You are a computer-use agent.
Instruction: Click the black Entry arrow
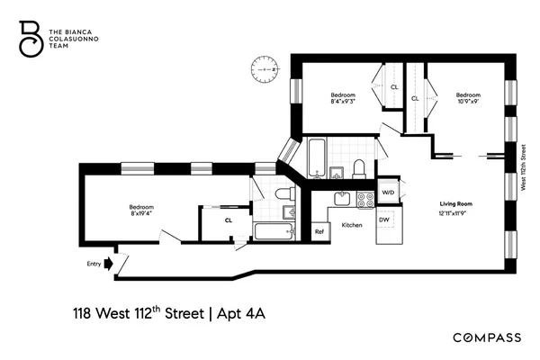(109, 264)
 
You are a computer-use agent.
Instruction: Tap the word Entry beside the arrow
(93, 264)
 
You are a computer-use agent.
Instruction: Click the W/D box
(388, 193)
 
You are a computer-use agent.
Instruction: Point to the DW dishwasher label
(383, 220)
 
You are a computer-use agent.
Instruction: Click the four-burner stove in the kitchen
(365, 200)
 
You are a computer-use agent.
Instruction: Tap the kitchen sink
(342, 199)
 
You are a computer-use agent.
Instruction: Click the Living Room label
(455, 204)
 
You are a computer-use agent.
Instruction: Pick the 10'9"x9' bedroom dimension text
(467, 102)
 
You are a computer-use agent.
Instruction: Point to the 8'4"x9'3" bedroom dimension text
(343, 102)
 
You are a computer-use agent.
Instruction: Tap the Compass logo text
(486, 337)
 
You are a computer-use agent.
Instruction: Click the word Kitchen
(352, 225)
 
